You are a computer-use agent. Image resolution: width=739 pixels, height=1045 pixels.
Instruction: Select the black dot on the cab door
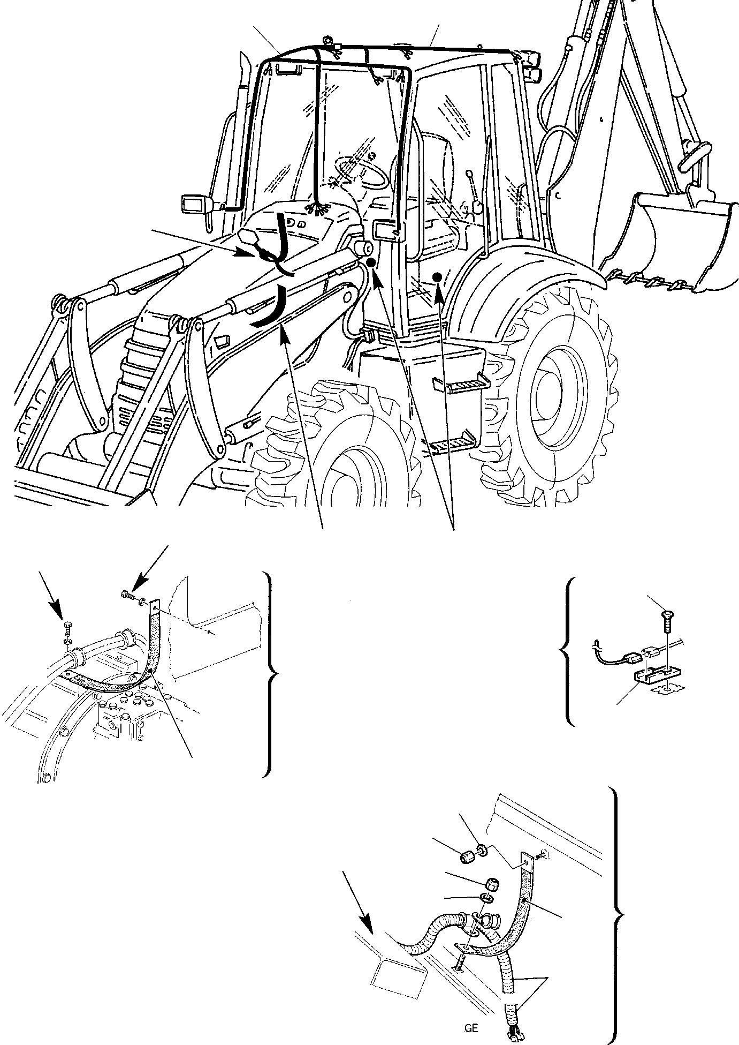pyautogui.click(x=437, y=276)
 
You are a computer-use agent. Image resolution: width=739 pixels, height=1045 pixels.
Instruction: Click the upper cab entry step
pyautogui.click(x=460, y=383)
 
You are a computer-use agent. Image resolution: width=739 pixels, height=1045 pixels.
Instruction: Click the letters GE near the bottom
pyautogui.click(x=471, y=1028)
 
